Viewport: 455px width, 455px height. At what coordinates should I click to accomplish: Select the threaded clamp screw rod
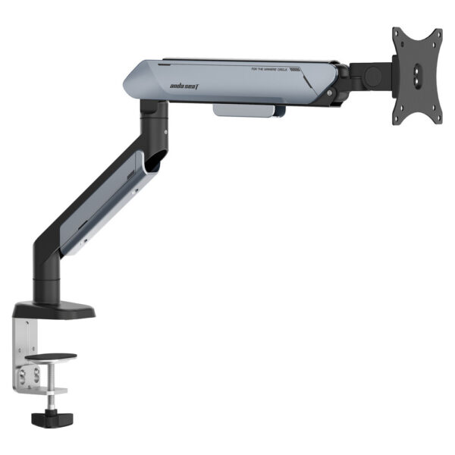point(47,401)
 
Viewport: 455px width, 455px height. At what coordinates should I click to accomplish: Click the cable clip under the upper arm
point(249,111)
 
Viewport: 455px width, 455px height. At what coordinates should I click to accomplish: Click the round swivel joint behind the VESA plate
point(372,77)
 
